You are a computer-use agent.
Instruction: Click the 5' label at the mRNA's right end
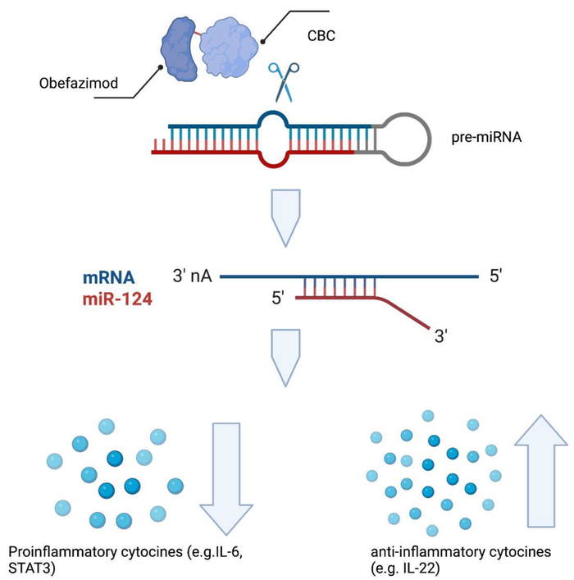click(496, 277)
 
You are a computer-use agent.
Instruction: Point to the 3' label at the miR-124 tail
click(442, 336)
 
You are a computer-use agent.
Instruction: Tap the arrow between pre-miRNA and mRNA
click(290, 217)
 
